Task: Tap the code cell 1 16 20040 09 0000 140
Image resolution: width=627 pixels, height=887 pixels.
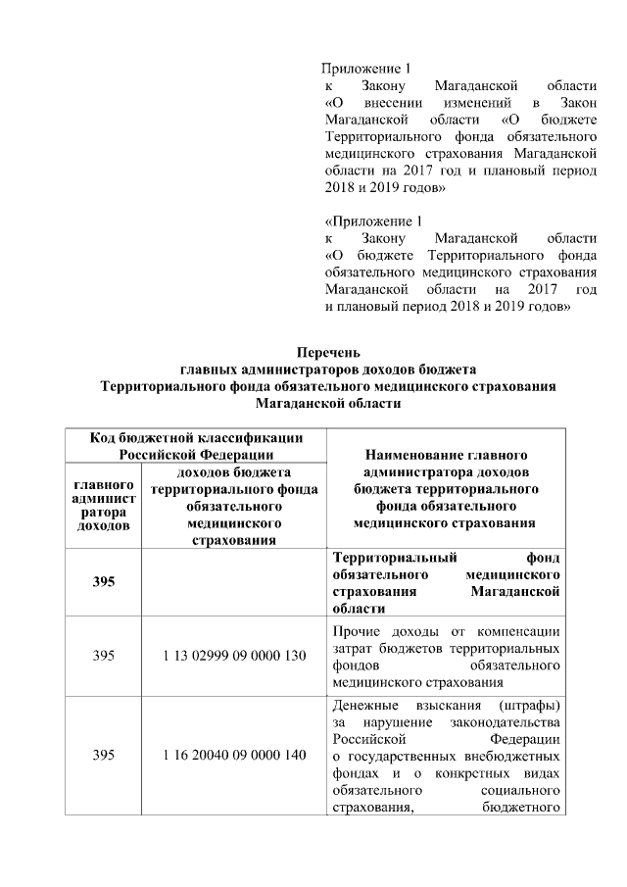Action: [234, 755]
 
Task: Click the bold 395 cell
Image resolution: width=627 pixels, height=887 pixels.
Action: [104, 582]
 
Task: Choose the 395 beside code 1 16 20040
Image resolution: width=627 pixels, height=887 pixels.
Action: [104, 755]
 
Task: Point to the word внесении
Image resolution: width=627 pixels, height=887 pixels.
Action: [392, 102]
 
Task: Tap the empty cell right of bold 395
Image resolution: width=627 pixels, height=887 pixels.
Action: [234, 582]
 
